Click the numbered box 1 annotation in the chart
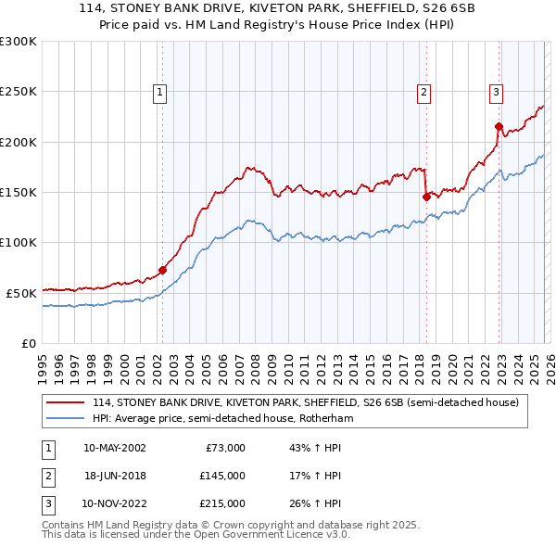(x=160, y=92)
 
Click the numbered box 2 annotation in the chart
(x=423, y=92)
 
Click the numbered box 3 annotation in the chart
(x=496, y=92)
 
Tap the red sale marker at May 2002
(x=162, y=271)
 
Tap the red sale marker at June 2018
(x=426, y=197)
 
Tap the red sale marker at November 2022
(x=499, y=126)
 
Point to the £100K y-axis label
(x=19, y=242)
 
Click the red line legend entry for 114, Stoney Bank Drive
(x=310, y=402)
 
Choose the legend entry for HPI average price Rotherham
(x=222, y=418)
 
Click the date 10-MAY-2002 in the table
(x=114, y=448)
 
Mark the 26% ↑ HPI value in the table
(x=315, y=503)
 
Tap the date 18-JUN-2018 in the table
(x=114, y=476)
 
